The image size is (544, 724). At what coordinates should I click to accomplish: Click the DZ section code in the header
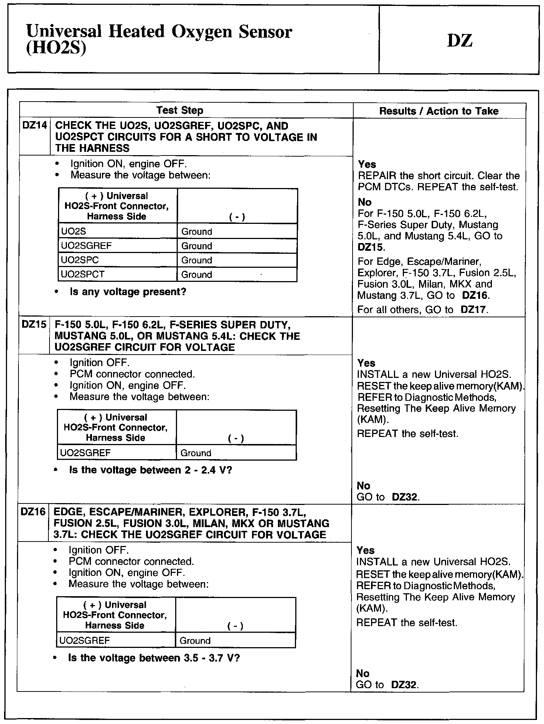pos(460,40)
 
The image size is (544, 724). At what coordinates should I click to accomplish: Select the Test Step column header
pos(180,110)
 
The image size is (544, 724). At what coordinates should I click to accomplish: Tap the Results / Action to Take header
pos(439,111)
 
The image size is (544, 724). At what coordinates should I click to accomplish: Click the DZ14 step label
pos(34,126)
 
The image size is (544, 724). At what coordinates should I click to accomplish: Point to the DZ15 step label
pos(34,325)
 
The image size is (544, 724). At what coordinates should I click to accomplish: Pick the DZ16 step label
pos(33,512)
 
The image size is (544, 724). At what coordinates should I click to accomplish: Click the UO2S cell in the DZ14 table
pos(74,232)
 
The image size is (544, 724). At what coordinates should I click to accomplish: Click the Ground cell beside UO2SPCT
pos(197,275)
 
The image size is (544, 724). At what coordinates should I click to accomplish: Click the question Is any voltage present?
pos(128,292)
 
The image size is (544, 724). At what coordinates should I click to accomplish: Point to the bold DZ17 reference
pos(474,310)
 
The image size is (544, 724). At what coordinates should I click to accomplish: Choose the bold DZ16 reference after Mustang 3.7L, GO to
pos(475,296)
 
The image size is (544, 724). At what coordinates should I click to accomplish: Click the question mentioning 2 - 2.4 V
pos(150,470)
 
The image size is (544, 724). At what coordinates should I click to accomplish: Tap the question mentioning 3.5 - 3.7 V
pos(154,658)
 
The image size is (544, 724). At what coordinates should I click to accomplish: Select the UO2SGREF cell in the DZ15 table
pos(85,453)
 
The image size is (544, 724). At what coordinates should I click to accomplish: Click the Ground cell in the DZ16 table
pos(195,641)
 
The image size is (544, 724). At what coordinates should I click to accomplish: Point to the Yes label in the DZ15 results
pos(366,363)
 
